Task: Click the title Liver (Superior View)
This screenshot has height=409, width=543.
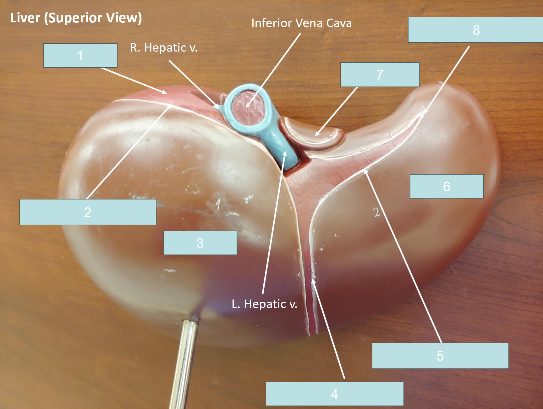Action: pos(76,18)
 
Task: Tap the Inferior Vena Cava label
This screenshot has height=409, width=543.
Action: pos(302,23)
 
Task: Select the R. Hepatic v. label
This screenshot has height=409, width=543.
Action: pos(164,48)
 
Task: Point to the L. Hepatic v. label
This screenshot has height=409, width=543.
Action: pos(265,304)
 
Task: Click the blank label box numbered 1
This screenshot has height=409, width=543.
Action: pos(80,55)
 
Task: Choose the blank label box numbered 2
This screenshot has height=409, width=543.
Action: pos(88,212)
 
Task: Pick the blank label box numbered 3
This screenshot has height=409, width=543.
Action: pos(200,243)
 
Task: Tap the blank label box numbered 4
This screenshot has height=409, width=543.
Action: pos(335,394)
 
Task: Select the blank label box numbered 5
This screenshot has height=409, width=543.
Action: pos(440,356)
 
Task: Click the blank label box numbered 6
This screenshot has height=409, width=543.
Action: pos(447,186)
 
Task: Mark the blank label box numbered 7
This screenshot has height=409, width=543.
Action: pos(380,75)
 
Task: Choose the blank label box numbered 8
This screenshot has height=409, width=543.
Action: pos(475,30)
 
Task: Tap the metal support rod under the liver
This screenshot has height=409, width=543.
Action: pos(185,362)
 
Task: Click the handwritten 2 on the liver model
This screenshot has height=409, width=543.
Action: pos(376,212)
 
